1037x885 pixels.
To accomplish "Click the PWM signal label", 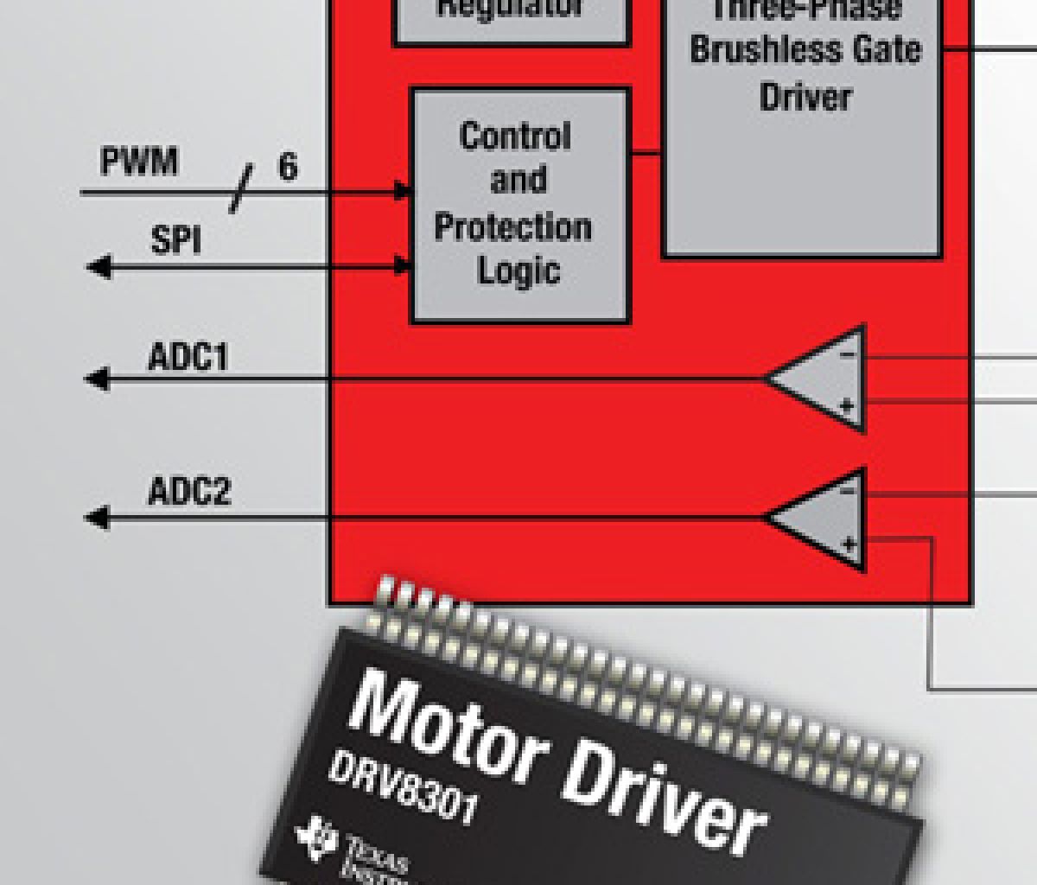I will point(139,162).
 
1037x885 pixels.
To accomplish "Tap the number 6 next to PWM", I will point(288,166).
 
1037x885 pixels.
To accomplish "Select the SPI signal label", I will point(175,240).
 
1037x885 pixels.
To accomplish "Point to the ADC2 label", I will point(189,492).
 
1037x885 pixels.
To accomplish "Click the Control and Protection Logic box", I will point(518,205).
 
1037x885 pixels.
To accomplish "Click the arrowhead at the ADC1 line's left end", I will point(96,379).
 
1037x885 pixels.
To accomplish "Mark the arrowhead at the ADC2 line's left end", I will point(96,518).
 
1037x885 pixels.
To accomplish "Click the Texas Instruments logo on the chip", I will point(315,835).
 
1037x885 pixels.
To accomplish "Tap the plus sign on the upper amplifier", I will point(847,404).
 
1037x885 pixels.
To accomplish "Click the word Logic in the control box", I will point(518,271).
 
